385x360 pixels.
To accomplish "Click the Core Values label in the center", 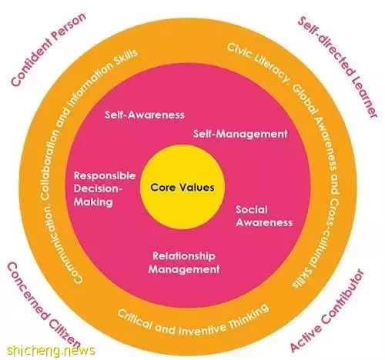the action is click(x=182, y=187).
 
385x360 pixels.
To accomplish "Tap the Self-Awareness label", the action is click(x=145, y=115).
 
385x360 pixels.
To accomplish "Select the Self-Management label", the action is click(x=240, y=134).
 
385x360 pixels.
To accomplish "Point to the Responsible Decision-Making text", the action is click(x=105, y=188).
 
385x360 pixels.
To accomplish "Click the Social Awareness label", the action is click(x=264, y=216).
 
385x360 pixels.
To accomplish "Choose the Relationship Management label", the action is click(x=184, y=262).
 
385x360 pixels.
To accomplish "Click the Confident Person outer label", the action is click(x=49, y=49).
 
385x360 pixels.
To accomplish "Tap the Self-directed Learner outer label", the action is click(x=338, y=67).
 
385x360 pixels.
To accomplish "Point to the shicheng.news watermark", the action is click(x=51, y=350).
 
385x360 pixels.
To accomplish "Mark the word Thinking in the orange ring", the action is click(x=248, y=317).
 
